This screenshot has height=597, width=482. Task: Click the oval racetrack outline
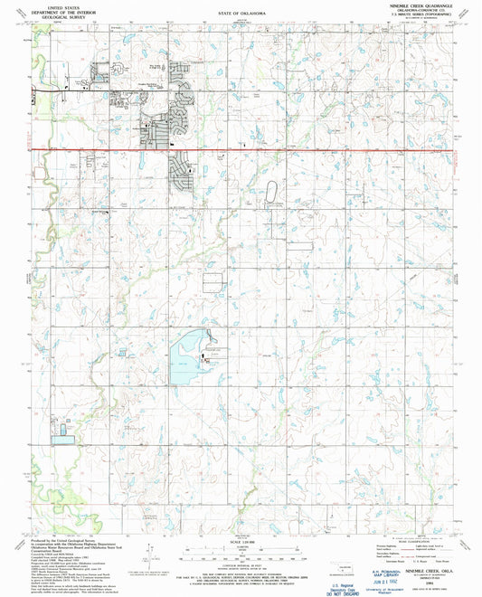(271, 193)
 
